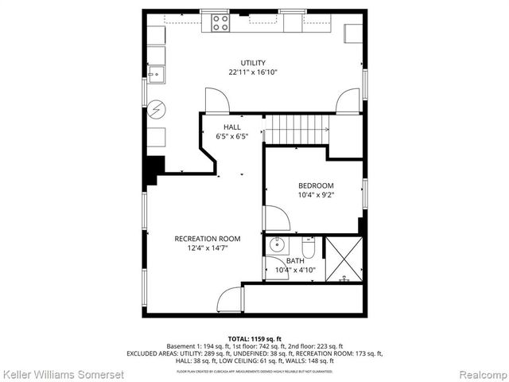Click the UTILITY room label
coord(254,63)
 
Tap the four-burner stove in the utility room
coord(220,23)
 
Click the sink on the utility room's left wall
coord(154,76)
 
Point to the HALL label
coord(232,127)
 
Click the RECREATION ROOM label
coord(207,239)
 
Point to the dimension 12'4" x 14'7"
coord(207,248)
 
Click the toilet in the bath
coord(309,249)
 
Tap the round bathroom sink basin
coord(278,244)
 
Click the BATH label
coord(295,261)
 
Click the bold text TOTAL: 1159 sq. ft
coord(254,338)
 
